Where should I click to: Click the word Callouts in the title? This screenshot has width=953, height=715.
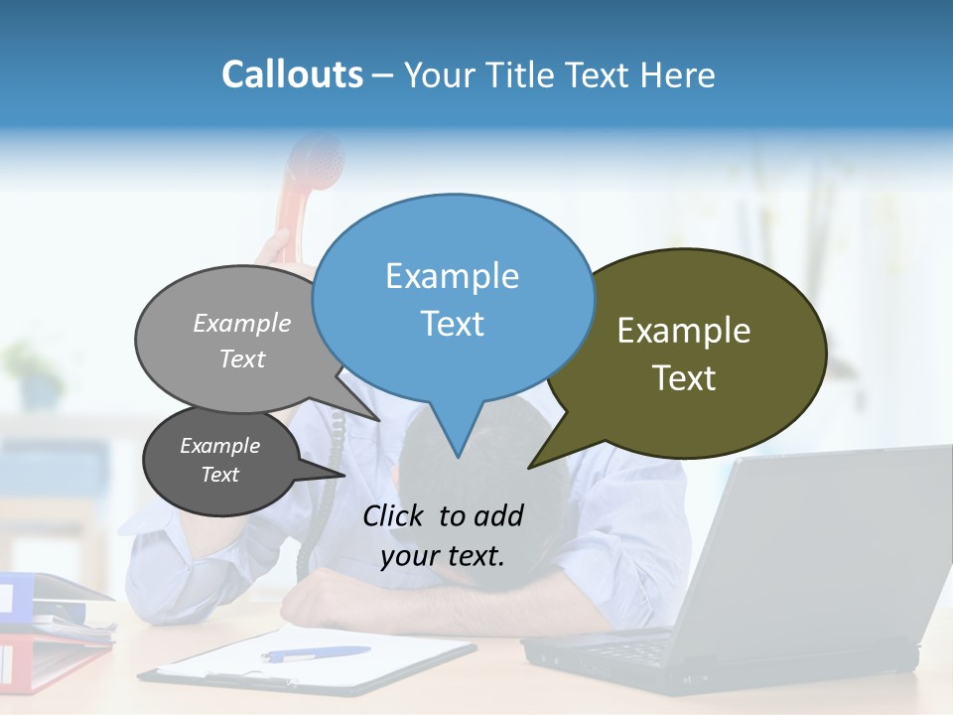click(292, 74)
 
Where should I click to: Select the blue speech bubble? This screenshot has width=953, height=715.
click(453, 298)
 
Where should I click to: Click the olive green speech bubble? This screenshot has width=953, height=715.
click(695, 353)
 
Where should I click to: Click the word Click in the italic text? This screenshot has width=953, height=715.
click(394, 515)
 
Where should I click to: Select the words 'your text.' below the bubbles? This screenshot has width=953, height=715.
click(443, 556)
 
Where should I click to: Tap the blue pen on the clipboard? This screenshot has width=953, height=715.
click(316, 653)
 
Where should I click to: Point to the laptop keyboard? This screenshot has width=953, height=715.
click(635, 650)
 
